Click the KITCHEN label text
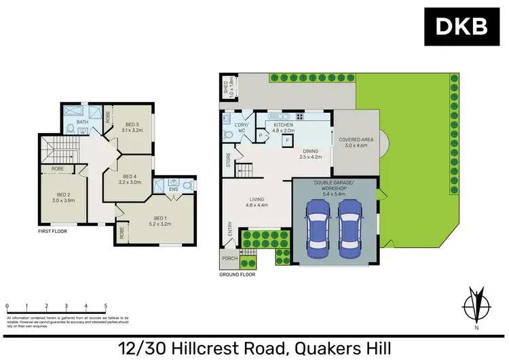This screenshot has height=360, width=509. pyautogui.click(x=283, y=126)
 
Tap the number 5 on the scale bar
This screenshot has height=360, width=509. pyautogui.click(x=105, y=306)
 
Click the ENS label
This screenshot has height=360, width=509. pyautogui.click(x=174, y=190)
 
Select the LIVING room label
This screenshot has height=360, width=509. pyautogui.click(x=257, y=199)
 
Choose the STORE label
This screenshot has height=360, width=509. pyautogui.click(x=229, y=160)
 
